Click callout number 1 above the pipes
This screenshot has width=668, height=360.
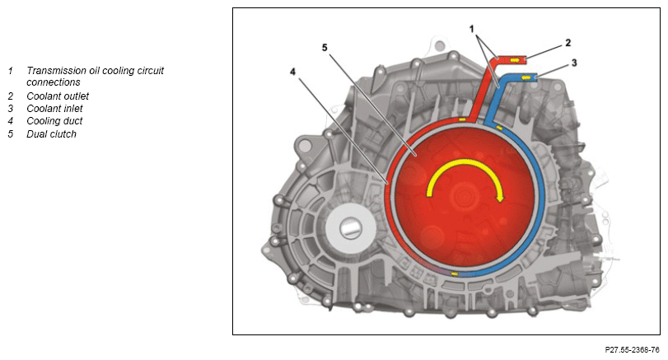click(472, 29)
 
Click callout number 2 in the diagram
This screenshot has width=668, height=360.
click(568, 43)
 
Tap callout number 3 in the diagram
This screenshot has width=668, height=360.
click(574, 63)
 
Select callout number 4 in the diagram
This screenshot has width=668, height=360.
click(292, 72)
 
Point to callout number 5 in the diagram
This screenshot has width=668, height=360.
click(325, 47)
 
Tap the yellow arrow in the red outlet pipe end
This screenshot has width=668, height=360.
click(515, 60)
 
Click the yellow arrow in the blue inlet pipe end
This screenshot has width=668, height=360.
click(526, 77)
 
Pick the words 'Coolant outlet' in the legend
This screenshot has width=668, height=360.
click(58, 96)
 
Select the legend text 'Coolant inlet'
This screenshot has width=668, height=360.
click(54, 109)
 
